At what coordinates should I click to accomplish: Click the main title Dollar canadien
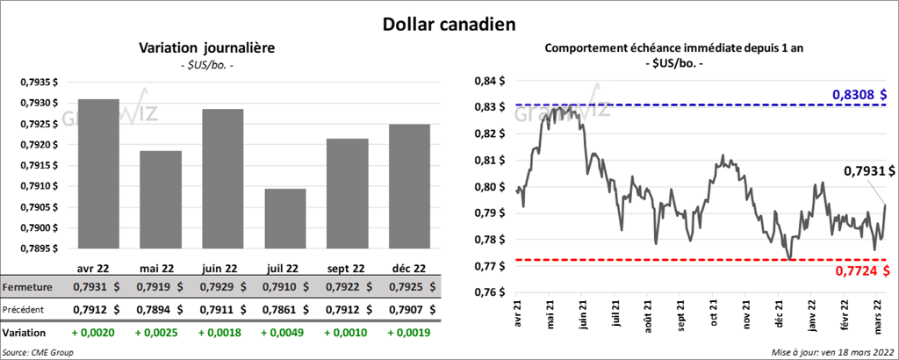pos(449,24)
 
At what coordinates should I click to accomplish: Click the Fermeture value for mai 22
pos(162,287)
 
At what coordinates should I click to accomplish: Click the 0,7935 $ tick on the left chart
pos(40,83)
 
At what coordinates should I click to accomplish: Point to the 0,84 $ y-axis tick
pos(489,82)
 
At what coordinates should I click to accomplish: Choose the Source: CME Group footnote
pos(38,352)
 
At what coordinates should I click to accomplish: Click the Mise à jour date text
pos(833,352)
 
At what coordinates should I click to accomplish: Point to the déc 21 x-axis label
pos(778,314)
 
